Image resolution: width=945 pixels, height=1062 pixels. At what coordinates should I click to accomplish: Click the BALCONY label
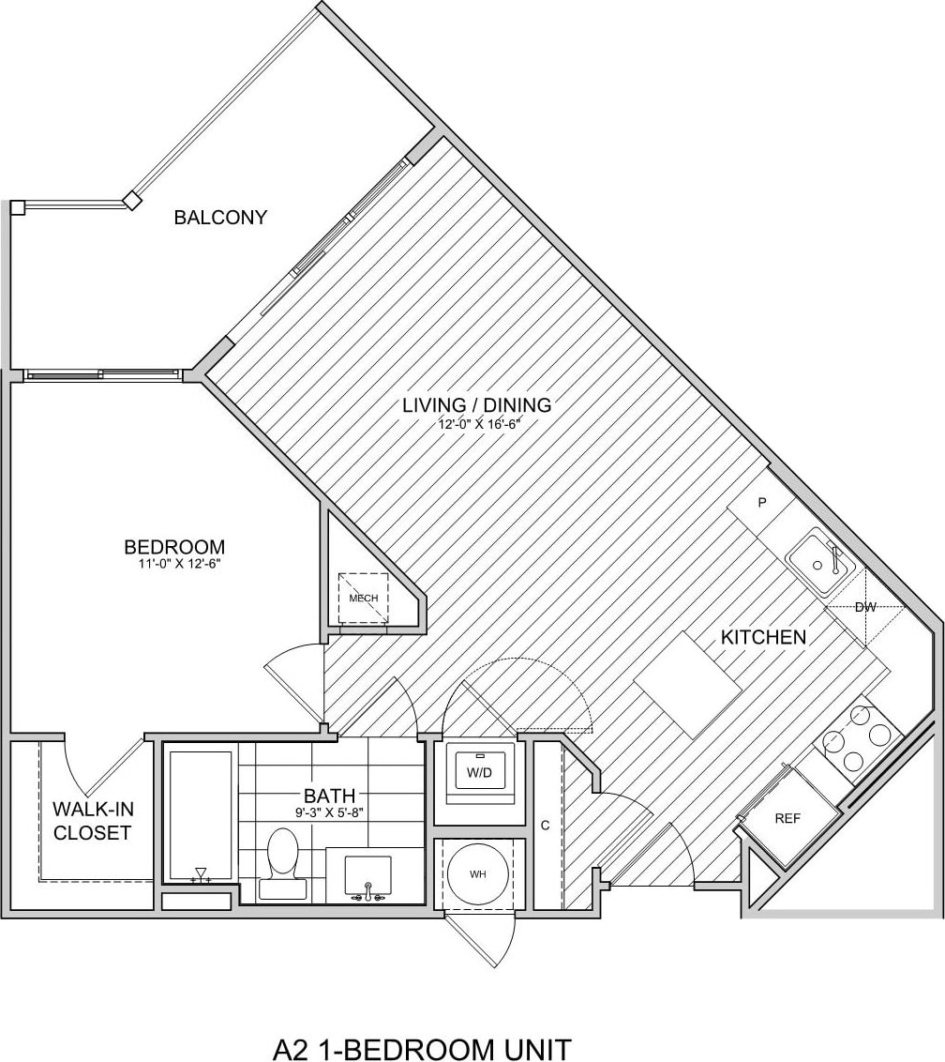(x=220, y=218)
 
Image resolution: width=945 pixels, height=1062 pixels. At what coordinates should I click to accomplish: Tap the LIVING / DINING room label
(x=476, y=405)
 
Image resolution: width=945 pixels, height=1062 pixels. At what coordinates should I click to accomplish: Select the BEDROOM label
(x=174, y=546)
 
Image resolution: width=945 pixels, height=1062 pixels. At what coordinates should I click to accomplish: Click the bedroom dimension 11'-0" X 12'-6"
(x=173, y=564)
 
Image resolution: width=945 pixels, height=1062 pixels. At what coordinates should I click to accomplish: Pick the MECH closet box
(x=363, y=599)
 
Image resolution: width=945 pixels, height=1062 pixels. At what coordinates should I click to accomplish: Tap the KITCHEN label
(x=763, y=637)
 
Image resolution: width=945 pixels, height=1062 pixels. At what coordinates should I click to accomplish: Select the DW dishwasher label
(x=865, y=607)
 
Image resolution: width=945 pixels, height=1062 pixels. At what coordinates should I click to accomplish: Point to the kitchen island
(x=689, y=690)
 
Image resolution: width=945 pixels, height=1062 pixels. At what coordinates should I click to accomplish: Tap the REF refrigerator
(x=787, y=818)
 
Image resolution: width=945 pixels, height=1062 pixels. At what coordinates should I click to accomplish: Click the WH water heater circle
(x=478, y=874)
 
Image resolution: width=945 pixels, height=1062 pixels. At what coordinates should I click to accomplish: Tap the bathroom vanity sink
(x=367, y=874)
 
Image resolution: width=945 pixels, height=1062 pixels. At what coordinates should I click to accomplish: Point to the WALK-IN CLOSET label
(x=91, y=820)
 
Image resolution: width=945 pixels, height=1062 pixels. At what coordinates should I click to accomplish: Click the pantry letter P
(x=762, y=503)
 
